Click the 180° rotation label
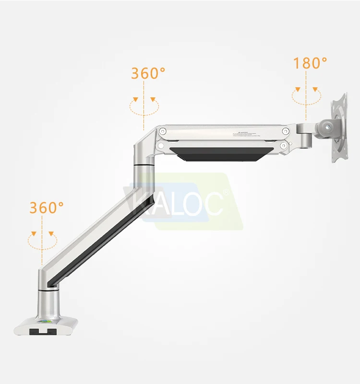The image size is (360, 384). (x=310, y=63)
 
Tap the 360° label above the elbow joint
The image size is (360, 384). (x=148, y=73)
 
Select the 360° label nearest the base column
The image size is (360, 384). (x=47, y=208)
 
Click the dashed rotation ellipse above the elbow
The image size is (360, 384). (x=144, y=106)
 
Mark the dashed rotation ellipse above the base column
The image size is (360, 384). (x=42, y=241)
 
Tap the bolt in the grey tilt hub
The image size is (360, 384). (x=328, y=127)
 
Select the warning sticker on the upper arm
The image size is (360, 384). (x=246, y=134)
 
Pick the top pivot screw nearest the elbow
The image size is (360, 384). (x=163, y=131)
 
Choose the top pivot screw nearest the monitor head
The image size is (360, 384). (x=286, y=131)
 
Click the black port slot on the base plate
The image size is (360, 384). (x=42, y=331)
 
